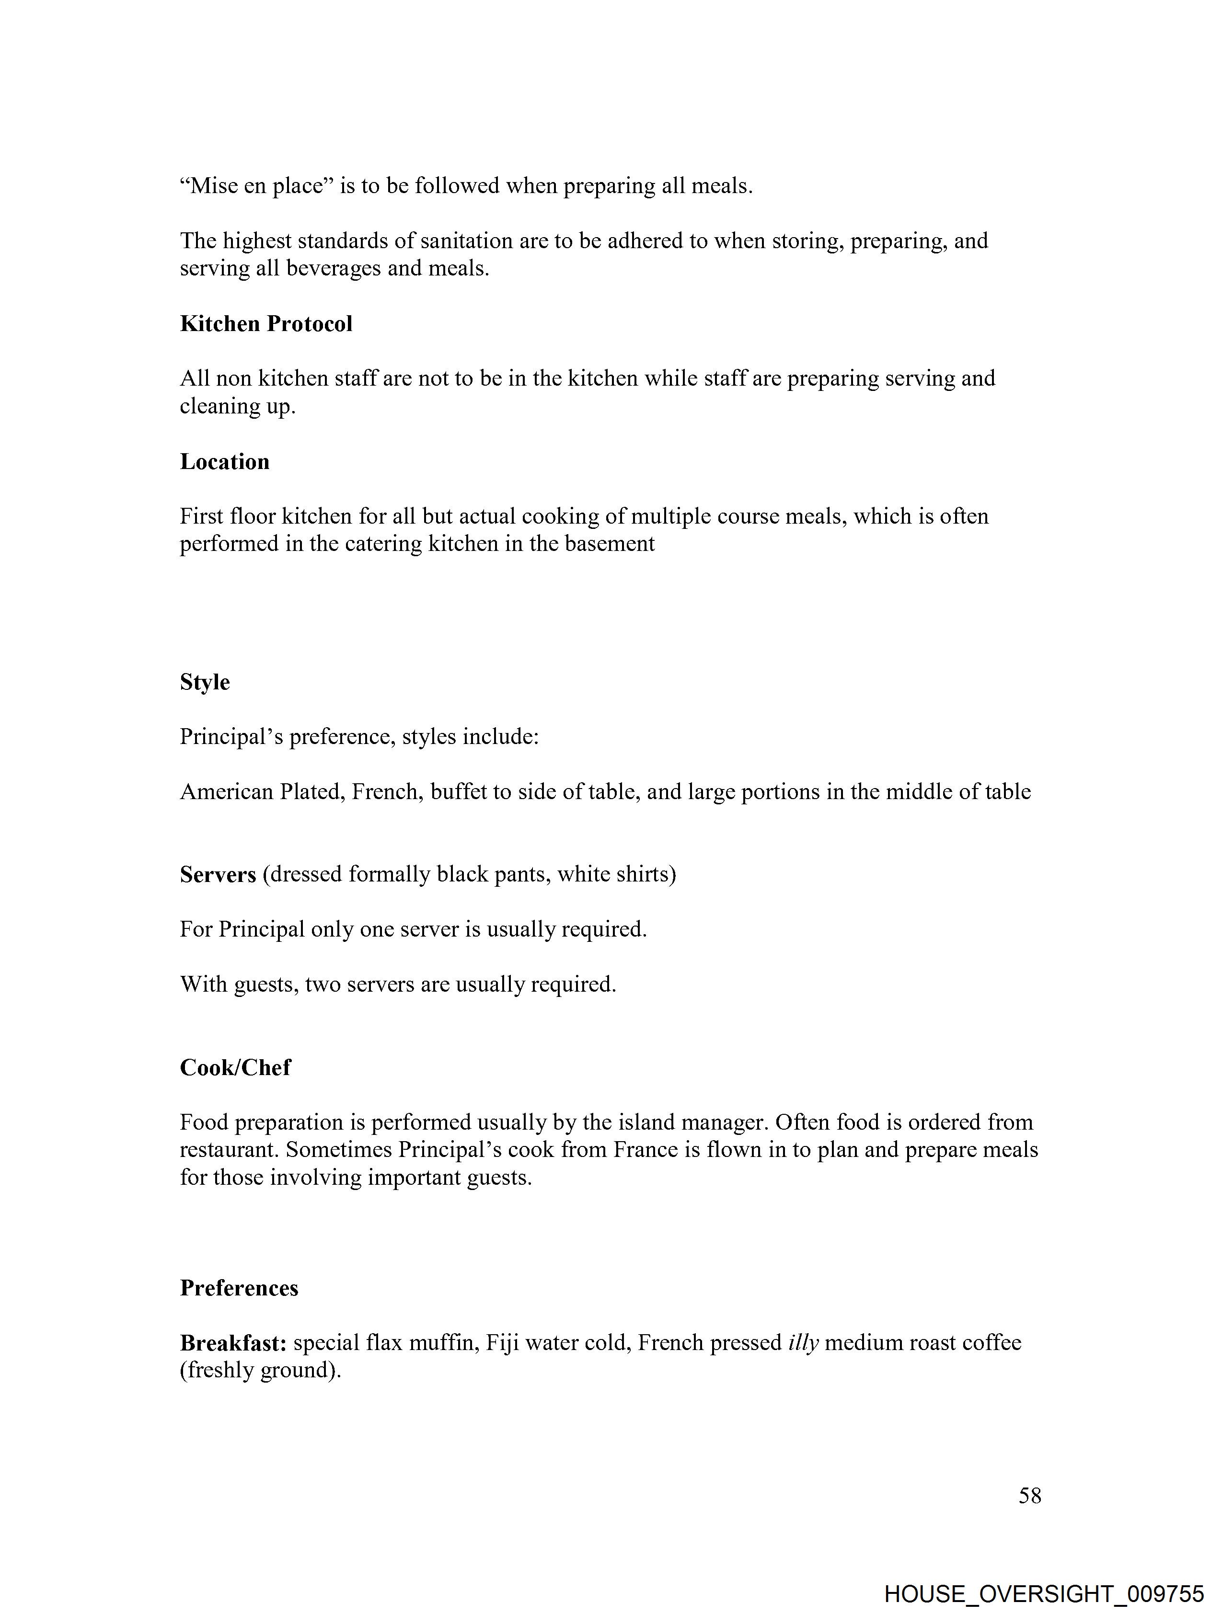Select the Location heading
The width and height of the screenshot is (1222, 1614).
(225, 461)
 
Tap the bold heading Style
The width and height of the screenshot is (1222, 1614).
(205, 682)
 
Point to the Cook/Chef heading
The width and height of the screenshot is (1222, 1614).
(235, 1067)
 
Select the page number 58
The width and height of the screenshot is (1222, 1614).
(1029, 1495)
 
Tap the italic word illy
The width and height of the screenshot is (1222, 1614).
(803, 1342)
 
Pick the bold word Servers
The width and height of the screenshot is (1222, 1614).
(218, 874)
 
